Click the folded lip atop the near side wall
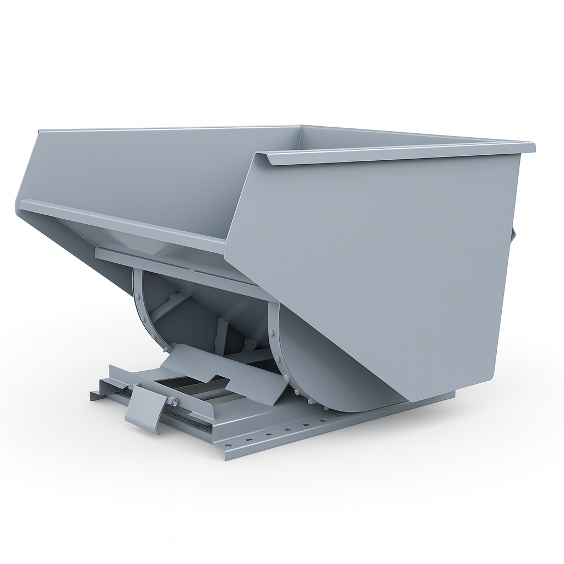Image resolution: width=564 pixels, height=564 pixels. pos(397,154)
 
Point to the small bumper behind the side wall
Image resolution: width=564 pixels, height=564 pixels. pos(513,234)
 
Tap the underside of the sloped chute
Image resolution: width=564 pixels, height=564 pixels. pos(83,242)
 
